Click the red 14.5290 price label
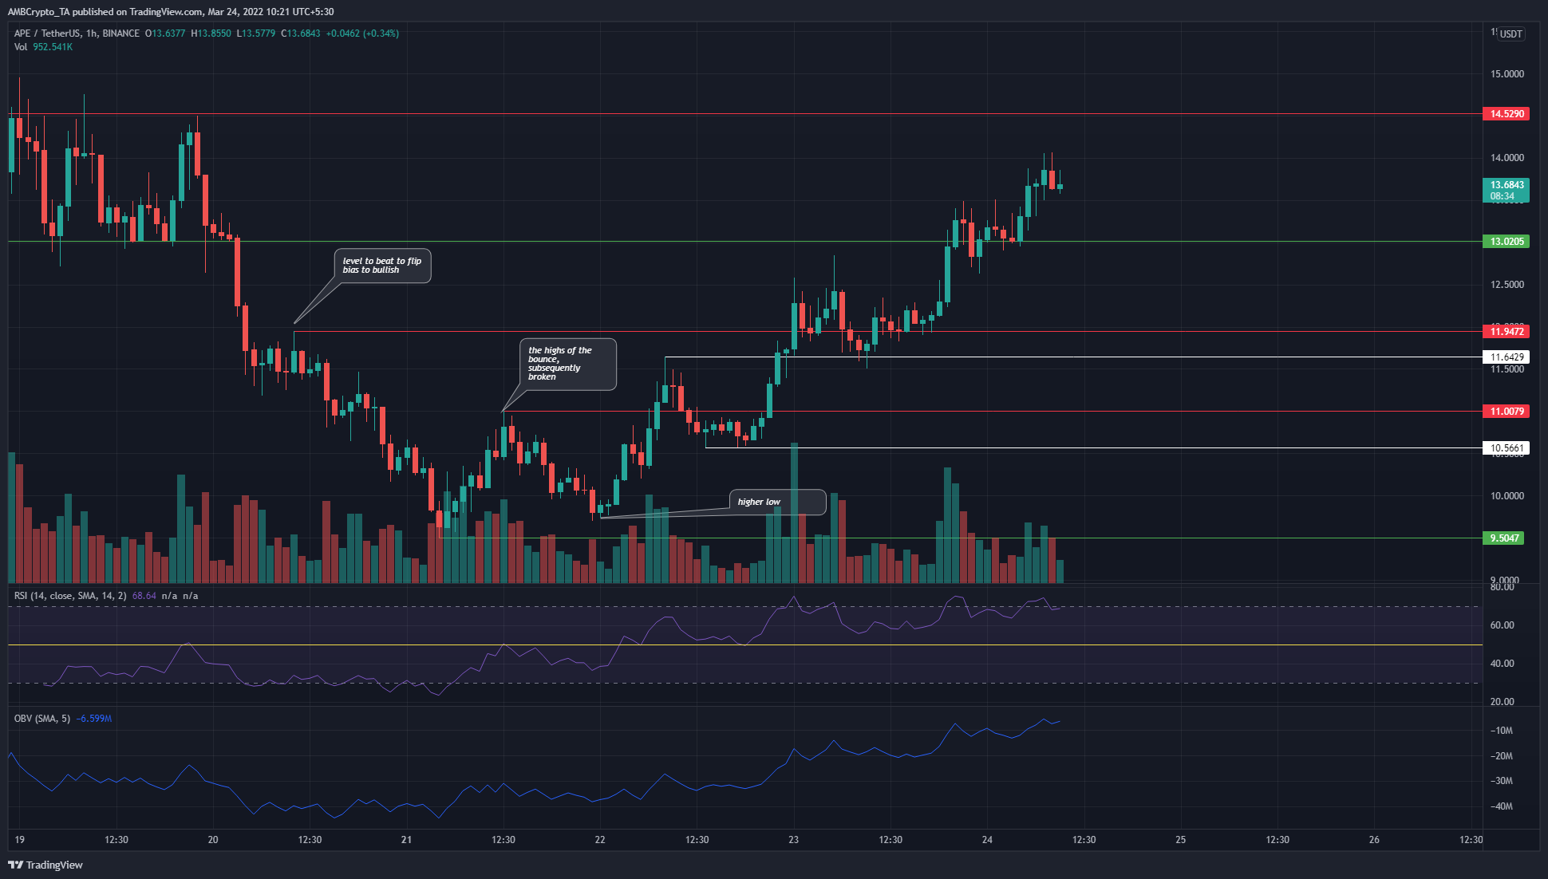point(1506,114)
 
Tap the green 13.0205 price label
point(1506,242)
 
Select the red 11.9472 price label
point(1506,331)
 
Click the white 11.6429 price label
point(1506,357)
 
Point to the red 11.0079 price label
point(1506,412)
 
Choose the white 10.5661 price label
point(1506,448)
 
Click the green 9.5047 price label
point(1506,538)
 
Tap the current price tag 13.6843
point(1506,185)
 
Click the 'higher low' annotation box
point(777,502)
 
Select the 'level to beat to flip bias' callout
point(382,266)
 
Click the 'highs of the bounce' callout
point(568,364)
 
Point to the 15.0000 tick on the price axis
point(1507,74)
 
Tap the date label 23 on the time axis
point(793,840)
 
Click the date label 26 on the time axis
point(1374,840)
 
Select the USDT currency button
point(1510,34)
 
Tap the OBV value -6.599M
point(94,719)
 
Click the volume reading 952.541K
point(53,47)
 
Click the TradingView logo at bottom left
point(45,865)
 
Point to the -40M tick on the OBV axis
point(1502,806)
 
